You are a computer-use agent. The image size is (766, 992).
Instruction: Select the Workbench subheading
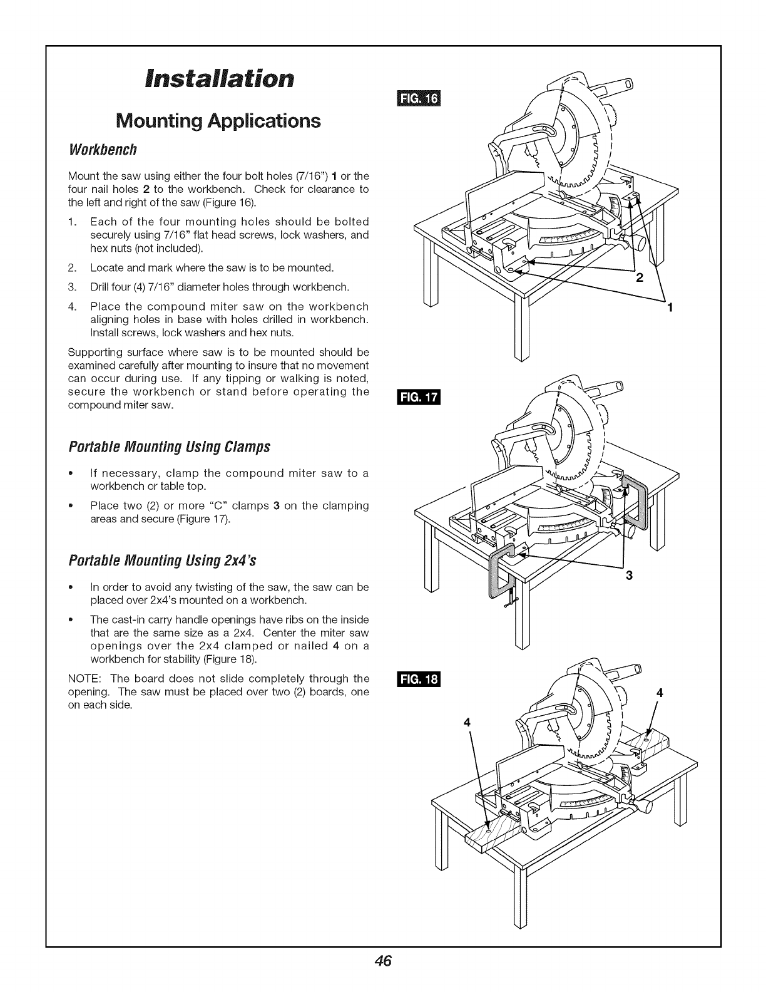[x=102, y=150]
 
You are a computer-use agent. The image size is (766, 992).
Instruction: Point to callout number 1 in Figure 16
[x=670, y=307]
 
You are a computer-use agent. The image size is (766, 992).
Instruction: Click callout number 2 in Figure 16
[x=639, y=279]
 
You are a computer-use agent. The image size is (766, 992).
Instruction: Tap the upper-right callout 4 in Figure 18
[x=658, y=693]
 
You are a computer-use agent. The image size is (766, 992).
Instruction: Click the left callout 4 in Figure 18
[x=466, y=721]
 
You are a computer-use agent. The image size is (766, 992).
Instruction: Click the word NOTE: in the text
[x=83, y=678]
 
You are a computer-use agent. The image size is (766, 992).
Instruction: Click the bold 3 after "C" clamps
[x=276, y=505]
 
